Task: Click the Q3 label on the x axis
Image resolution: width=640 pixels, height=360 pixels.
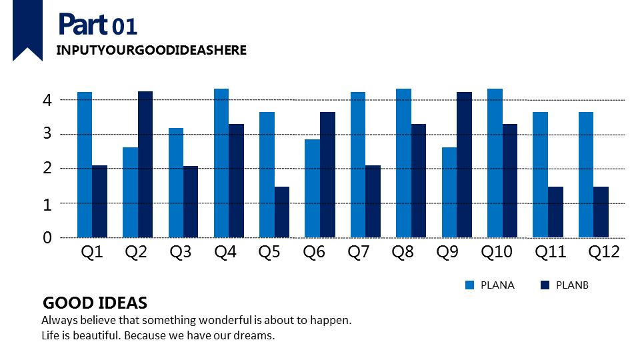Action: point(180,252)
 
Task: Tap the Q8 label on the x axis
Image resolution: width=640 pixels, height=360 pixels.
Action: point(404,252)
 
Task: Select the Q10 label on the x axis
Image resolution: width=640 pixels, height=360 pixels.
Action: point(495,252)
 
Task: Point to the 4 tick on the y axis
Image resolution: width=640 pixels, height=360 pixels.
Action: point(47,100)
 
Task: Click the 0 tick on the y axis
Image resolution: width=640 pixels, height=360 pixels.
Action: point(47,237)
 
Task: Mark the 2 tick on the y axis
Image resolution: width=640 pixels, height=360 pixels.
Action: point(47,169)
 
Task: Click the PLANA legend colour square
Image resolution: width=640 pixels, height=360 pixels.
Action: point(469,285)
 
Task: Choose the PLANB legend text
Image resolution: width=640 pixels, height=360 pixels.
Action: point(572,285)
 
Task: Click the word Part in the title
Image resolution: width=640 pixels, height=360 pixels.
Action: point(83,25)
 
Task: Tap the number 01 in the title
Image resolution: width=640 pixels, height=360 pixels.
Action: point(125,27)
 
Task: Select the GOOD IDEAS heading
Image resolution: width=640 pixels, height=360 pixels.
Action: point(95,303)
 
